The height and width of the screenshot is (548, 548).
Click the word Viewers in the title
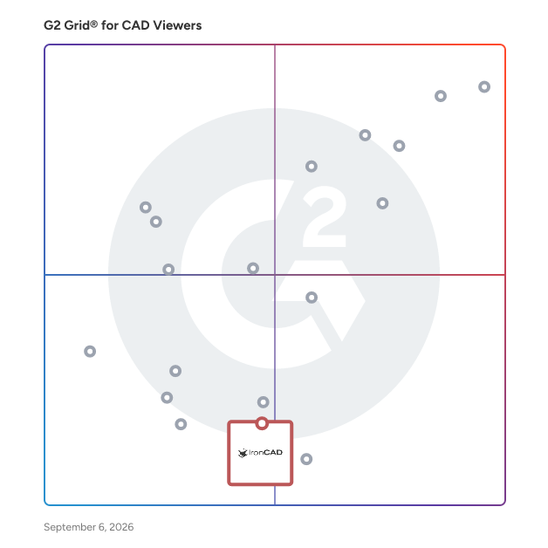point(177,25)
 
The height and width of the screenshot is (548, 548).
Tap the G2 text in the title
point(52,25)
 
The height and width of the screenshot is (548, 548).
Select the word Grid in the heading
point(77,25)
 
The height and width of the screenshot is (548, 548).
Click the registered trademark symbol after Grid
point(94,24)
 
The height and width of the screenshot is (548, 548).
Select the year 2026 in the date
point(121,527)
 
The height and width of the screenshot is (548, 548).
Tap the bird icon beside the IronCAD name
point(243,453)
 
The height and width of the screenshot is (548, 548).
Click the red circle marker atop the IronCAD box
point(262,423)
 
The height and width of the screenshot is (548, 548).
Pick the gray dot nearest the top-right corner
point(484,86)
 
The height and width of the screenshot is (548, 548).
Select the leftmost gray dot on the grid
point(90,352)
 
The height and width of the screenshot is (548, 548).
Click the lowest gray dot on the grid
point(306,459)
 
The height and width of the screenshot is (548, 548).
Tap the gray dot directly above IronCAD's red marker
point(264,402)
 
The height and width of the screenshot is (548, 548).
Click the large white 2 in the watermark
point(325,216)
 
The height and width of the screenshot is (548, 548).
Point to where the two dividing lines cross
point(275,275)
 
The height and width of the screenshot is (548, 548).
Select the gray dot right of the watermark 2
point(382,203)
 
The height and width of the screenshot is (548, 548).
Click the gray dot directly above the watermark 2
point(312,167)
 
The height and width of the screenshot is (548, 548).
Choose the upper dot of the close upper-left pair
point(146,208)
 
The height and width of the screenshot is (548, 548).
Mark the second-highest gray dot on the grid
point(441,96)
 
